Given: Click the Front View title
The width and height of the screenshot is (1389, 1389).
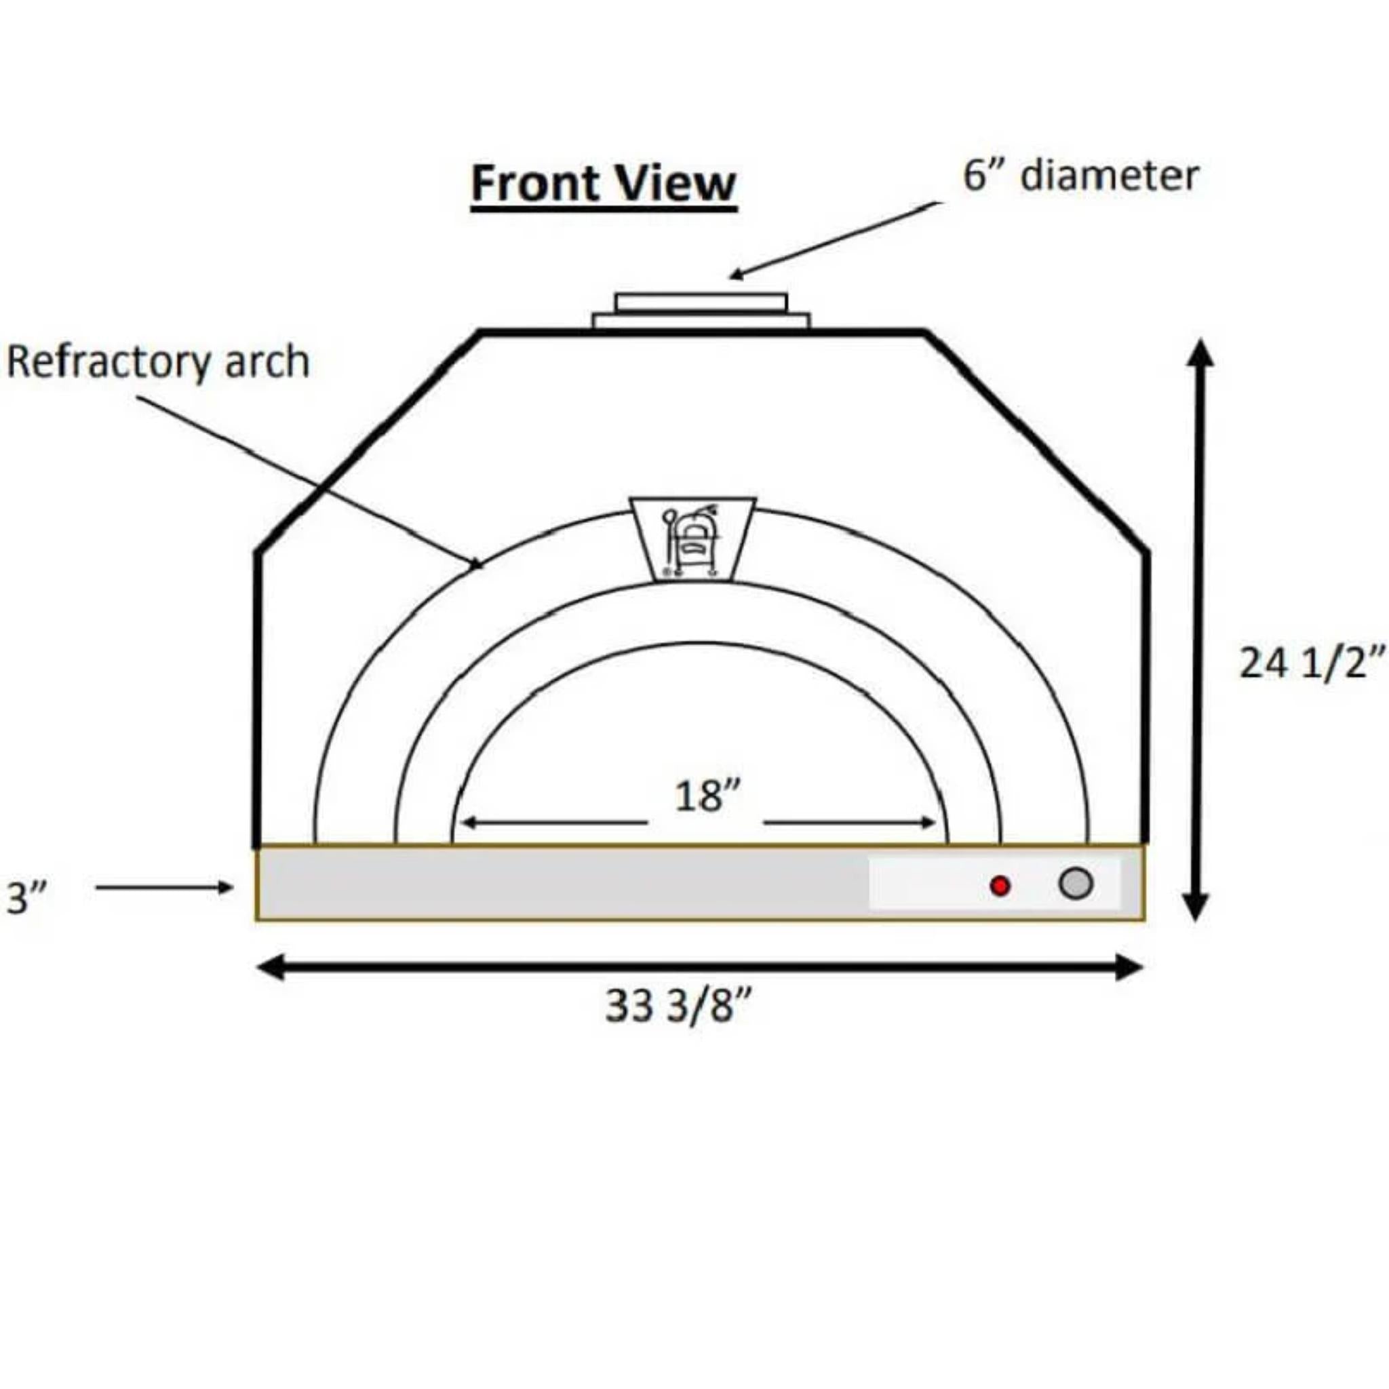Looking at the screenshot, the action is [604, 183].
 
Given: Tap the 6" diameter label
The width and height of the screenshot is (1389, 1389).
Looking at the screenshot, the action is [1080, 175].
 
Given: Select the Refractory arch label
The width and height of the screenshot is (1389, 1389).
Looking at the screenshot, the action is [158, 361].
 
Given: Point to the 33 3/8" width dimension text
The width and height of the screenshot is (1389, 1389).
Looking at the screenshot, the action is [678, 1005].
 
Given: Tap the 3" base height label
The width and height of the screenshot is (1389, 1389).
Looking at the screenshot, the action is [26, 897].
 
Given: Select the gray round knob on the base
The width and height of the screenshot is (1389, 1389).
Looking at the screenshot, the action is [1076, 884].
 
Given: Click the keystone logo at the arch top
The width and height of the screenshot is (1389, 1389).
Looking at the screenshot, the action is [693, 539].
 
